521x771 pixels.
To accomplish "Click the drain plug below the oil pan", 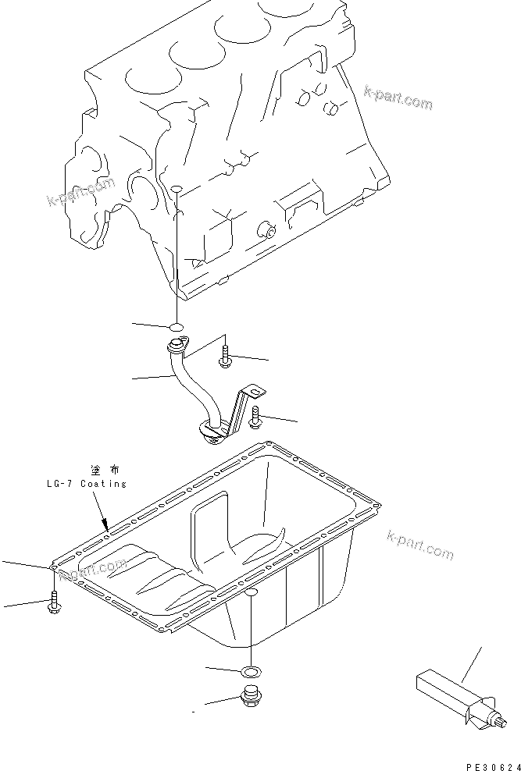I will (251, 696).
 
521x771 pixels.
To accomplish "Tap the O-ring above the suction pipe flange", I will (177, 327).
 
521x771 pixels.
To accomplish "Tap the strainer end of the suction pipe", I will (209, 430).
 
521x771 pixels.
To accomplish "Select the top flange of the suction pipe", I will (178, 346).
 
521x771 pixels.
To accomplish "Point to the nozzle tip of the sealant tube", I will (501, 727).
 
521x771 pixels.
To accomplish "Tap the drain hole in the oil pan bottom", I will (250, 595).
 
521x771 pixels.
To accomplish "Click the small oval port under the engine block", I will (177, 190).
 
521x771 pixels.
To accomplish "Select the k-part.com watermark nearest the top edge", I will (398, 99).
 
